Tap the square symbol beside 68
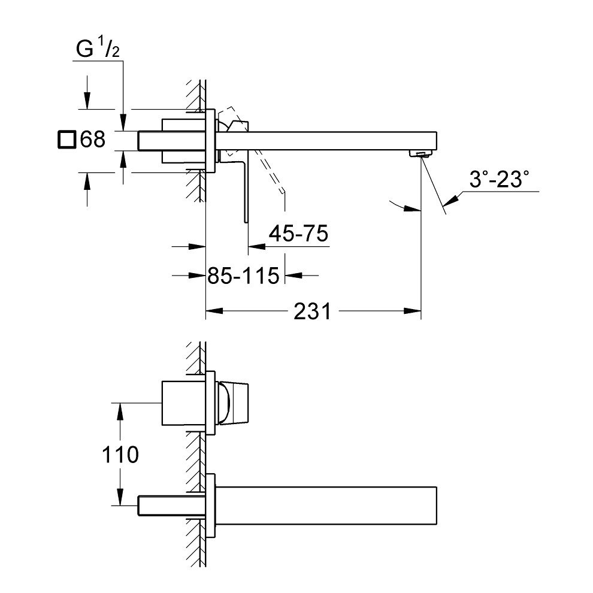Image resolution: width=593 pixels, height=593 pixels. coord(66,140)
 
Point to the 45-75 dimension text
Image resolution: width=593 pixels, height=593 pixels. coord(298,234)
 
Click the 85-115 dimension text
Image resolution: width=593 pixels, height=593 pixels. coord(243,276)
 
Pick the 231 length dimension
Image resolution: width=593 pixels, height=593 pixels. coord(312,311)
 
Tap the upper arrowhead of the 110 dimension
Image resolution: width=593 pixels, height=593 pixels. coord(121,409)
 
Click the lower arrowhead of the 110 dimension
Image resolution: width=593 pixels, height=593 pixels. coord(121,494)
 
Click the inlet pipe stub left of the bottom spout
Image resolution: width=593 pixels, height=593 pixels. coord(168,504)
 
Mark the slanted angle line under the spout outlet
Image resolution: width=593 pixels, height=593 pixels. coord(434,186)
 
